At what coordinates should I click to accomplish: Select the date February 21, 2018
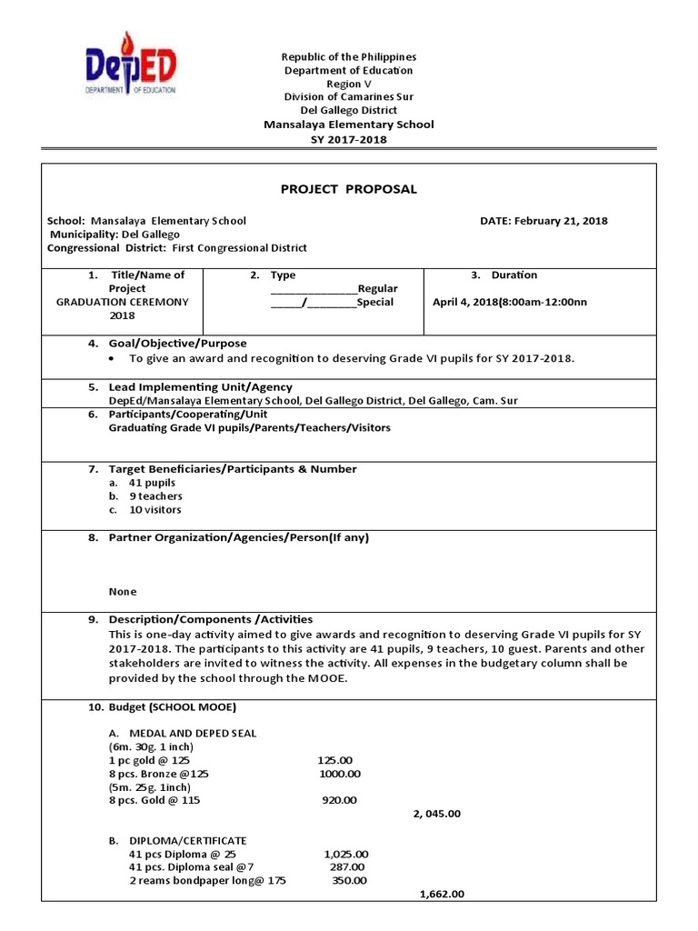tap(543, 221)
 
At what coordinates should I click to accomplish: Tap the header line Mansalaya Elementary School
tap(349, 125)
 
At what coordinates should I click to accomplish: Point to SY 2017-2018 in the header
tap(349, 139)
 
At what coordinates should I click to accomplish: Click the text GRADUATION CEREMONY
tap(122, 302)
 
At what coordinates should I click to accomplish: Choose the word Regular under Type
tap(377, 288)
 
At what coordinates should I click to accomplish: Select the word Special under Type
tap(375, 302)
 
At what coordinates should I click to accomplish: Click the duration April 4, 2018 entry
tap(510, 302)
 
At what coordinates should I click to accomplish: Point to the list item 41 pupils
tap(152, 483)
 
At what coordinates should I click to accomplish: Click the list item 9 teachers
tap(155, 496)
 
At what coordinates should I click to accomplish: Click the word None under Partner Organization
tap(123, 591)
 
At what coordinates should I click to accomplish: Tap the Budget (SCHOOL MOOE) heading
tap(173, 707)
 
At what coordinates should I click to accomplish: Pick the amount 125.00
tap(334, 760)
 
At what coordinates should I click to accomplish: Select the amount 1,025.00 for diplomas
tap(345, 855)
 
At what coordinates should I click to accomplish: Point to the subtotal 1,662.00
tap(442, 894)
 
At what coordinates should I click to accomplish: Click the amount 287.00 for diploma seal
tap(346, 867)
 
